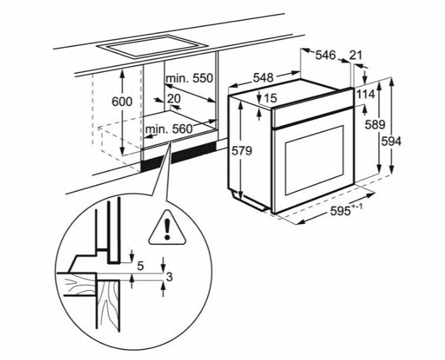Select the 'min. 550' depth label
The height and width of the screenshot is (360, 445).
click(x=188, y=79)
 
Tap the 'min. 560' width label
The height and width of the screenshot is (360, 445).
click(x=169, y=130)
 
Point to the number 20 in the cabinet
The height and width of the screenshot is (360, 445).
click(x=174, y=99)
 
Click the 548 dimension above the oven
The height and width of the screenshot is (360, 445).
click(x=263, y=77)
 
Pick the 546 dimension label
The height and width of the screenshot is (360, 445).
click(x=326, y=56)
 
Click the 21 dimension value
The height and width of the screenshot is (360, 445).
click(x=356, y=56)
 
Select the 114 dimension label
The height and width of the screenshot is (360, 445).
click(x=365, y=94)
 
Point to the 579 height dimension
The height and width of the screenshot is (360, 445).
click(x=243, y=151)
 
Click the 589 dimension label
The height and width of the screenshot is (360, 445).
click(x=370, y=125)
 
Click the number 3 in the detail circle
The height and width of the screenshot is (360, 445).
click(x=169, y=276)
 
